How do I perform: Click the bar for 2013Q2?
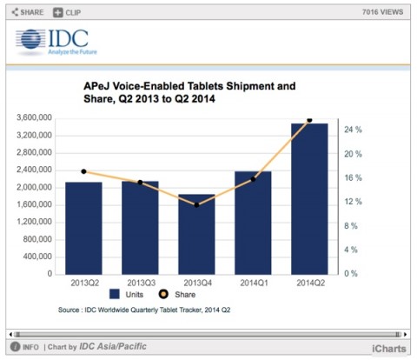click(83, 228)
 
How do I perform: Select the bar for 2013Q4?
click(196, 234)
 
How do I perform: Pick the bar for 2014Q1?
click(253, 223)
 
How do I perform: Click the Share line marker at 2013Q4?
click(196, 204)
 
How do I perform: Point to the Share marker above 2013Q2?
click(83, 171)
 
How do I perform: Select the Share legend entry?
click(221, 294)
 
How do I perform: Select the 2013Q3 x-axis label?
click(140, 283)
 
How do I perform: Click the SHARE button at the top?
click(26, 12)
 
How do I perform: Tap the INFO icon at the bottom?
click(26, 348)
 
